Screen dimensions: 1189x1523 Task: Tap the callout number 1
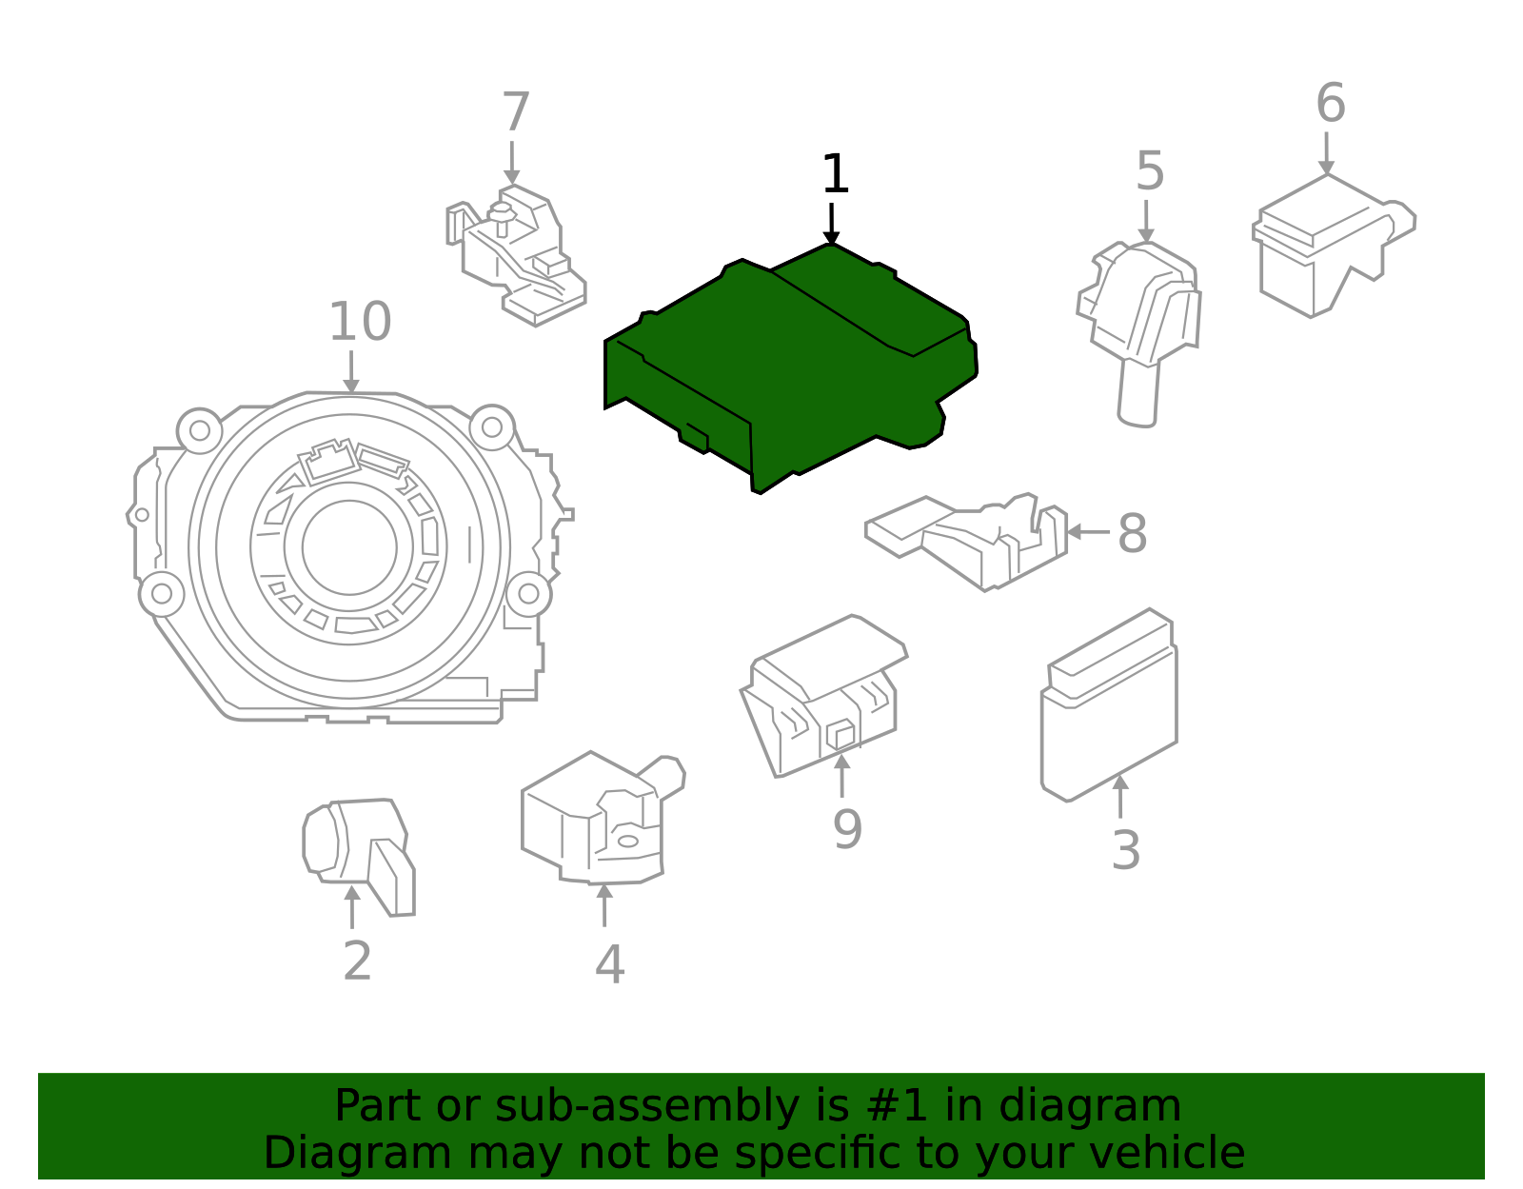(x=835, y=175)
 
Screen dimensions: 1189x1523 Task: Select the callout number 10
(x=360, y=322)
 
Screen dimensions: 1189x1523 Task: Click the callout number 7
(x=515, y=113)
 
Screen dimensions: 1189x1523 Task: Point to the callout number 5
(x=1150, y=172)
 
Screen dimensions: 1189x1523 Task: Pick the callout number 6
(x=1330, y=103)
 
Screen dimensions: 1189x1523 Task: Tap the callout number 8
(x=1132, y=534)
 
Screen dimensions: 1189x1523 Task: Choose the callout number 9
(x=846, y=829)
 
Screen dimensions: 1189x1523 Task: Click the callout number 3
(x=1125, y=850)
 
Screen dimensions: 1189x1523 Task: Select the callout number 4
(x=609, y=964)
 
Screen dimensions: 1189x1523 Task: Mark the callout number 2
(x=357, y=961)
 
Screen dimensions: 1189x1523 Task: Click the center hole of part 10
(x=349, y=547)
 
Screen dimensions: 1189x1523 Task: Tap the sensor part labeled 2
(x=357, y=847)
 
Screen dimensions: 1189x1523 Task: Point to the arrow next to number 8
(x=1085, y=532)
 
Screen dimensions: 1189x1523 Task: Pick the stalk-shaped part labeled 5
(x=1142, y=324)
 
